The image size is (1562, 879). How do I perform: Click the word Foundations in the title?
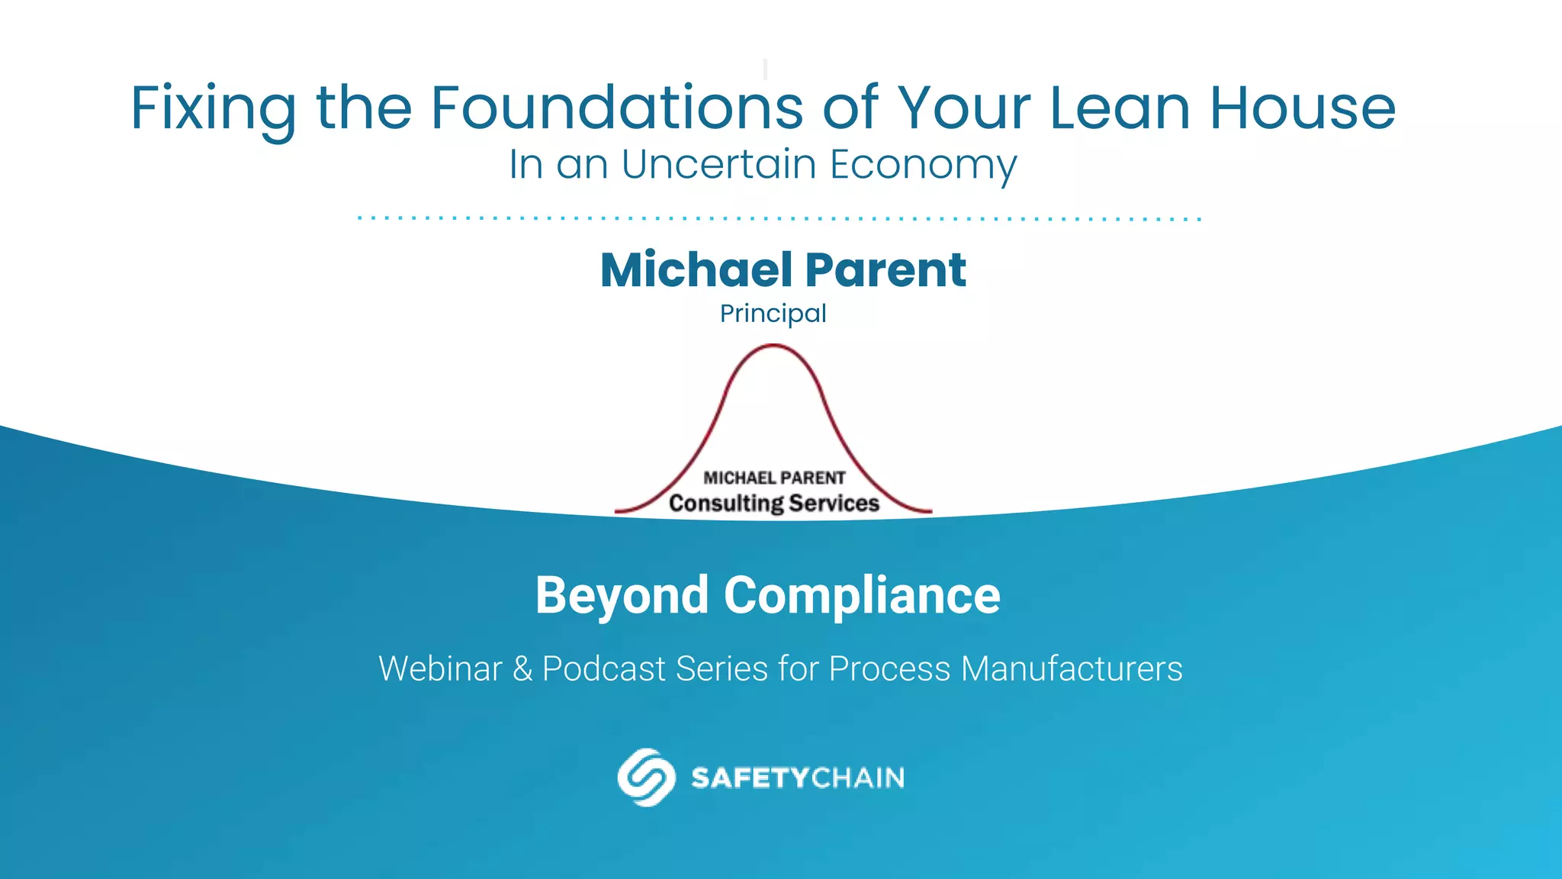pyautogui.click(x=617, y=108)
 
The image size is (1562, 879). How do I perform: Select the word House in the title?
pyautogui.click(x=1303, y=108)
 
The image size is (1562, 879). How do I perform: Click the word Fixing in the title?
pyautogui.click(x=214, y=109)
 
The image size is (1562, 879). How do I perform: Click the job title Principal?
pyautogui.click(x=773, y=314)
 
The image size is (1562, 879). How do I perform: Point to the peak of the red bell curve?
pyautogui.click(x=773, y=346)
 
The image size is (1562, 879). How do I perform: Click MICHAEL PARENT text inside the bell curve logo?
pyautogui.click(x=774, y=478)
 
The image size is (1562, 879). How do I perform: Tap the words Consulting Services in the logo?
pyautogui.click(x=774, y=504)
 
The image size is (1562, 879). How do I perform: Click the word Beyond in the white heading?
pyautogui.click(x=622, y=596)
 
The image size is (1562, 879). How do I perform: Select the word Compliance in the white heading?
pyautogui.click(x=862, y=596)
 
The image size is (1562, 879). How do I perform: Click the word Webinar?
pyautogui.click(x=441, y=669)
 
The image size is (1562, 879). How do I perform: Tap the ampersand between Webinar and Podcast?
pyautogui.click(x=522, y=669)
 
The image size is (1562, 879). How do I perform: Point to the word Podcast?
pyautogui.click(x=603, y=669)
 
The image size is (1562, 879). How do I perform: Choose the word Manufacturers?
pyautogui.click(x=1072, y=669)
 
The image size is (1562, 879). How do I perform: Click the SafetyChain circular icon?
pyautogui.click(x=646, y=778)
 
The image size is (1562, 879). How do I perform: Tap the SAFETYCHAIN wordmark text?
pyautogui.click(x=797, y=778)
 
